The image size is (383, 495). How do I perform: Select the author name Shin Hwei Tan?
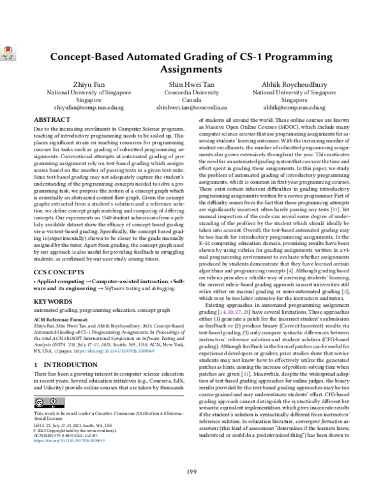[x=191, y=84]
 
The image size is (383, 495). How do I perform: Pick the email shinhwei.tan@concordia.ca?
[x=191, y=108]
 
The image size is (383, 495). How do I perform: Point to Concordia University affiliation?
[x=191, y=92]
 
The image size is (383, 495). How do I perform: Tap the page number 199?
[x=191, y=471]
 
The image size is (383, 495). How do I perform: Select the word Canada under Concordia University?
[x=191, y=101]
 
